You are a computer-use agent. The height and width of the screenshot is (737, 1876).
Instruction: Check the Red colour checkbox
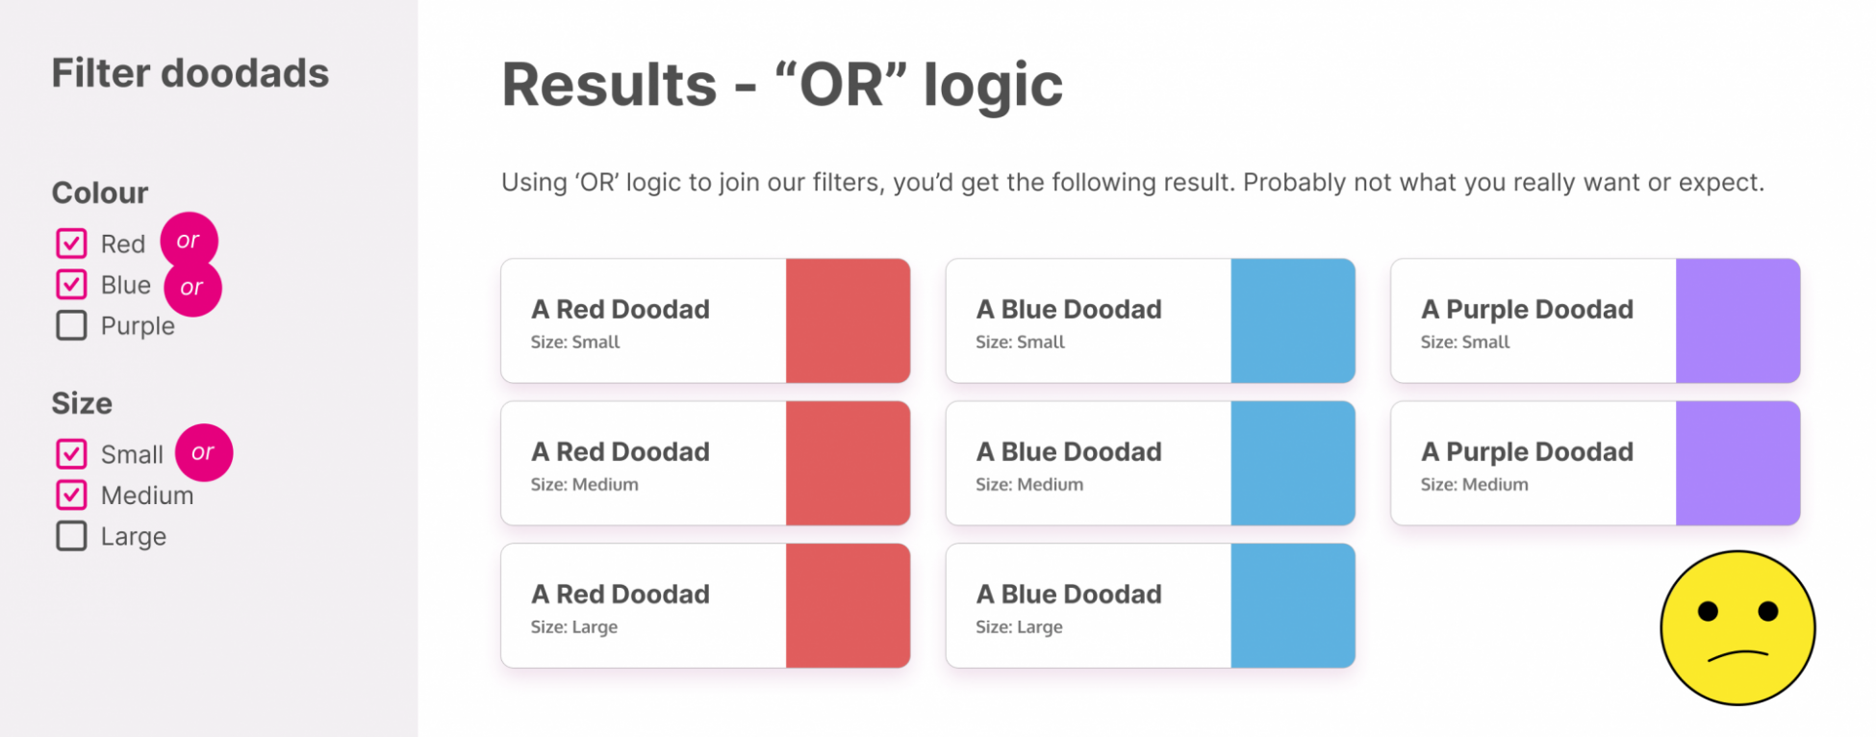tap(71, 243)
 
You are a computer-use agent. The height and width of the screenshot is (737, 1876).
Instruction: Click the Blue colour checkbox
tap(71, 285)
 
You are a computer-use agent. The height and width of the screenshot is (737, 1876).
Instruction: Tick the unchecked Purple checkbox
tap(71, 325)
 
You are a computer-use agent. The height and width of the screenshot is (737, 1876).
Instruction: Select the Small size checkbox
tap(71, 454)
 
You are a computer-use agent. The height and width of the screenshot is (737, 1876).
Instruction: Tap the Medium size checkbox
tap(71, 496)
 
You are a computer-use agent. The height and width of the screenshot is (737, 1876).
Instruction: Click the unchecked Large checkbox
tap(71, 536)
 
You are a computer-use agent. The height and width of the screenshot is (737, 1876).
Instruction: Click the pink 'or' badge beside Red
tap(189, 241)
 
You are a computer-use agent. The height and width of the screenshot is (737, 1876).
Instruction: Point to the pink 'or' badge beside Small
tap(203, 452)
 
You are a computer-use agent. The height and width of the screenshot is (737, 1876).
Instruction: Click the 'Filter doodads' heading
tap(190, 73)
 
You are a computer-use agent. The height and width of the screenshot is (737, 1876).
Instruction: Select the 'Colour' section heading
tap(100, 192)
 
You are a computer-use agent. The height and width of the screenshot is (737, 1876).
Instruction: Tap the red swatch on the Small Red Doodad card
tap(848, 320)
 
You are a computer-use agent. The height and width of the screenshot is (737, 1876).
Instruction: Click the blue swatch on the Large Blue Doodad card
tap(1293, 605)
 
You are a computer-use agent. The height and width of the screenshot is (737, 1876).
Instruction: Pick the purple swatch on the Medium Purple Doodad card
tap(1737, 463)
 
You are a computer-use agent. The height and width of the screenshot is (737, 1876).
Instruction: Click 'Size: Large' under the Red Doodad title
tap(574, 627)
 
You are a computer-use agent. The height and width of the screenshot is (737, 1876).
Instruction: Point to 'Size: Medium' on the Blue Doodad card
tap(1029, 485)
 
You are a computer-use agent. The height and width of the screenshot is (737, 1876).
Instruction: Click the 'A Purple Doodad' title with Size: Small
tap(1527, 309)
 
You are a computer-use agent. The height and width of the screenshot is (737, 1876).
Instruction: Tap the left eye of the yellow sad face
tap(1709, 611)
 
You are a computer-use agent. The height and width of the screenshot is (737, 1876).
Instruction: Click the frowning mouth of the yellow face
tap(1737, 656)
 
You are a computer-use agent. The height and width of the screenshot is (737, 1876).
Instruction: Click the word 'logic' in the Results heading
tap(994, 87)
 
